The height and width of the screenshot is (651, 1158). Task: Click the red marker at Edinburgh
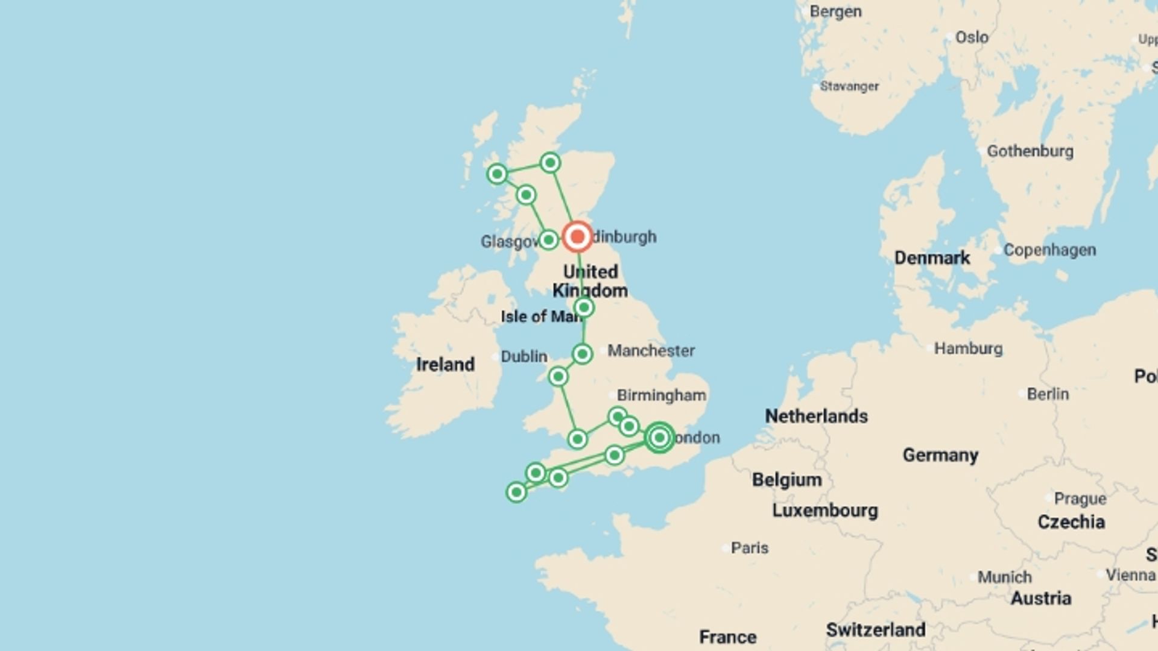point(577,236)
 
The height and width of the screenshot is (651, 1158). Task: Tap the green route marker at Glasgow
point(548,240)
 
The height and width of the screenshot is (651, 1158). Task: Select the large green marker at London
point(659,438)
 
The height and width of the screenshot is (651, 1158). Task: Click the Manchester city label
point(651,351)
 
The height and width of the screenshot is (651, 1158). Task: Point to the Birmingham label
point(661,395)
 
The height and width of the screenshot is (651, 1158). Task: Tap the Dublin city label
point(524,357)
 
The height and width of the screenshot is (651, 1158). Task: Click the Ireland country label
point(445,365)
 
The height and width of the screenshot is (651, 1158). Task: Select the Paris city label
point(749,548)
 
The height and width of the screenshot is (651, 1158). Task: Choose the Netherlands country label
point(816,416)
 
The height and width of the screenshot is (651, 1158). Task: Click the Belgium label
point(786,480)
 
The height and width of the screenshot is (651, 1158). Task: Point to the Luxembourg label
point(824,511)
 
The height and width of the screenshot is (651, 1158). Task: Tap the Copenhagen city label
point(1049,250)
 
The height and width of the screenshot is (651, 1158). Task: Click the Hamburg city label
point(968,348)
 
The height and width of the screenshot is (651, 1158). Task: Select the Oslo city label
point(971,37)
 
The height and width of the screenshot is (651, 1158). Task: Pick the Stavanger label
point(849,87)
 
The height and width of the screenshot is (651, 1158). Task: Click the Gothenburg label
point(1030,151)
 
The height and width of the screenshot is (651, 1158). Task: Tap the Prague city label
point(1080,499)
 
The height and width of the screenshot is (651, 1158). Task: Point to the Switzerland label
point(875,630)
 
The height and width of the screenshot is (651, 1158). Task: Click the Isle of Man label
point(540,316)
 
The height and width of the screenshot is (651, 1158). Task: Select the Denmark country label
point(932,258)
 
